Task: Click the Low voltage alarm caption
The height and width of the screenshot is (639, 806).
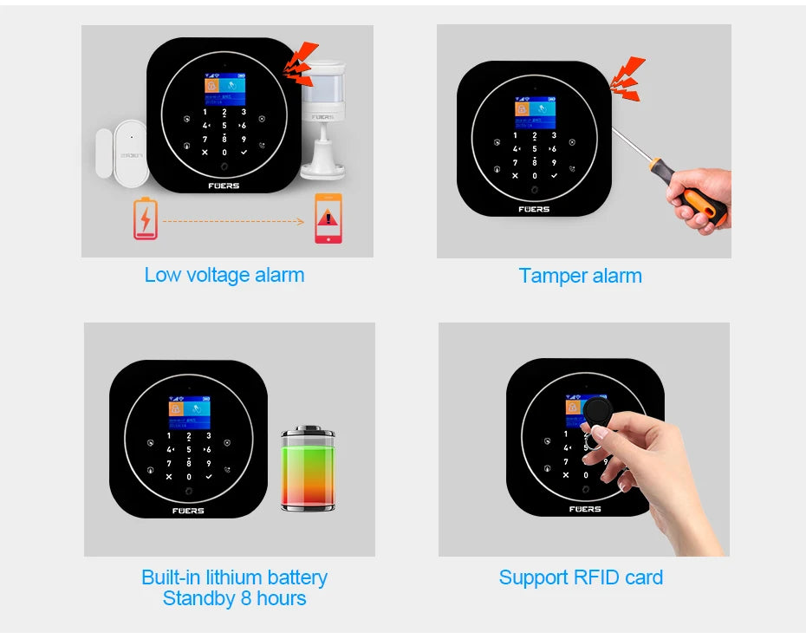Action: click(x=224, y=275)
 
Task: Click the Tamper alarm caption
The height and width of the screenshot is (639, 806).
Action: click(x=580, y=276)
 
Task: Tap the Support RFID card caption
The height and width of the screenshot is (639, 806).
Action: click(x=581, y=577)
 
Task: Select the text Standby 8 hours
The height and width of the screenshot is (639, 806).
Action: click(x=234, y=598)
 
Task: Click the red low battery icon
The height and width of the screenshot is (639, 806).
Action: click(x=145, y=218)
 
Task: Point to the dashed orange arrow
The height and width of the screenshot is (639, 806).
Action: click(x=234, y=221)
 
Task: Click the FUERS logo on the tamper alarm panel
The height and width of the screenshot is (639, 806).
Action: click(x=534, y=209)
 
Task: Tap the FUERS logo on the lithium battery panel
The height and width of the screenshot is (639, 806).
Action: click(x=188, y=511)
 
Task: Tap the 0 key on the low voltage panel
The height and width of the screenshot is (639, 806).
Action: click(x=224, y=153)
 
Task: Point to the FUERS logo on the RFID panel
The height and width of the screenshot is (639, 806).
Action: click(x=585, y=509)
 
